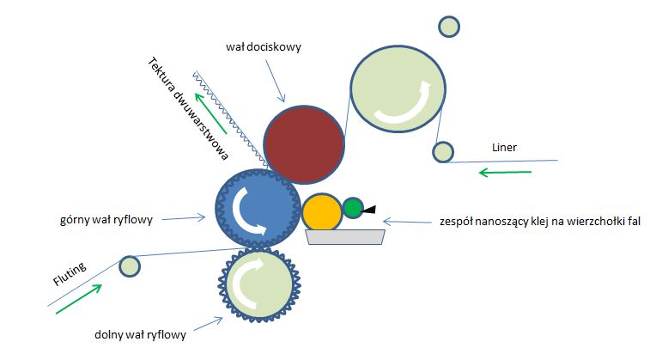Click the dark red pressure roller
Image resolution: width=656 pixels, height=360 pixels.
pos(303,143)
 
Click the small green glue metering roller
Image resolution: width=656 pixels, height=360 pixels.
pos(353,207)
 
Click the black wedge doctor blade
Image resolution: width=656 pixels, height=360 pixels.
pos(370,209)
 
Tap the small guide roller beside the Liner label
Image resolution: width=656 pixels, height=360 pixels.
pos(442,152)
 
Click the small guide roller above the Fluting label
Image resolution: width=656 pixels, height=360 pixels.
pos(129,266)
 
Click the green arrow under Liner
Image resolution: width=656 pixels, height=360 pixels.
pos(505,173)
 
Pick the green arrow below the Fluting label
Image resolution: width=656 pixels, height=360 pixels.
pos(78,300)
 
